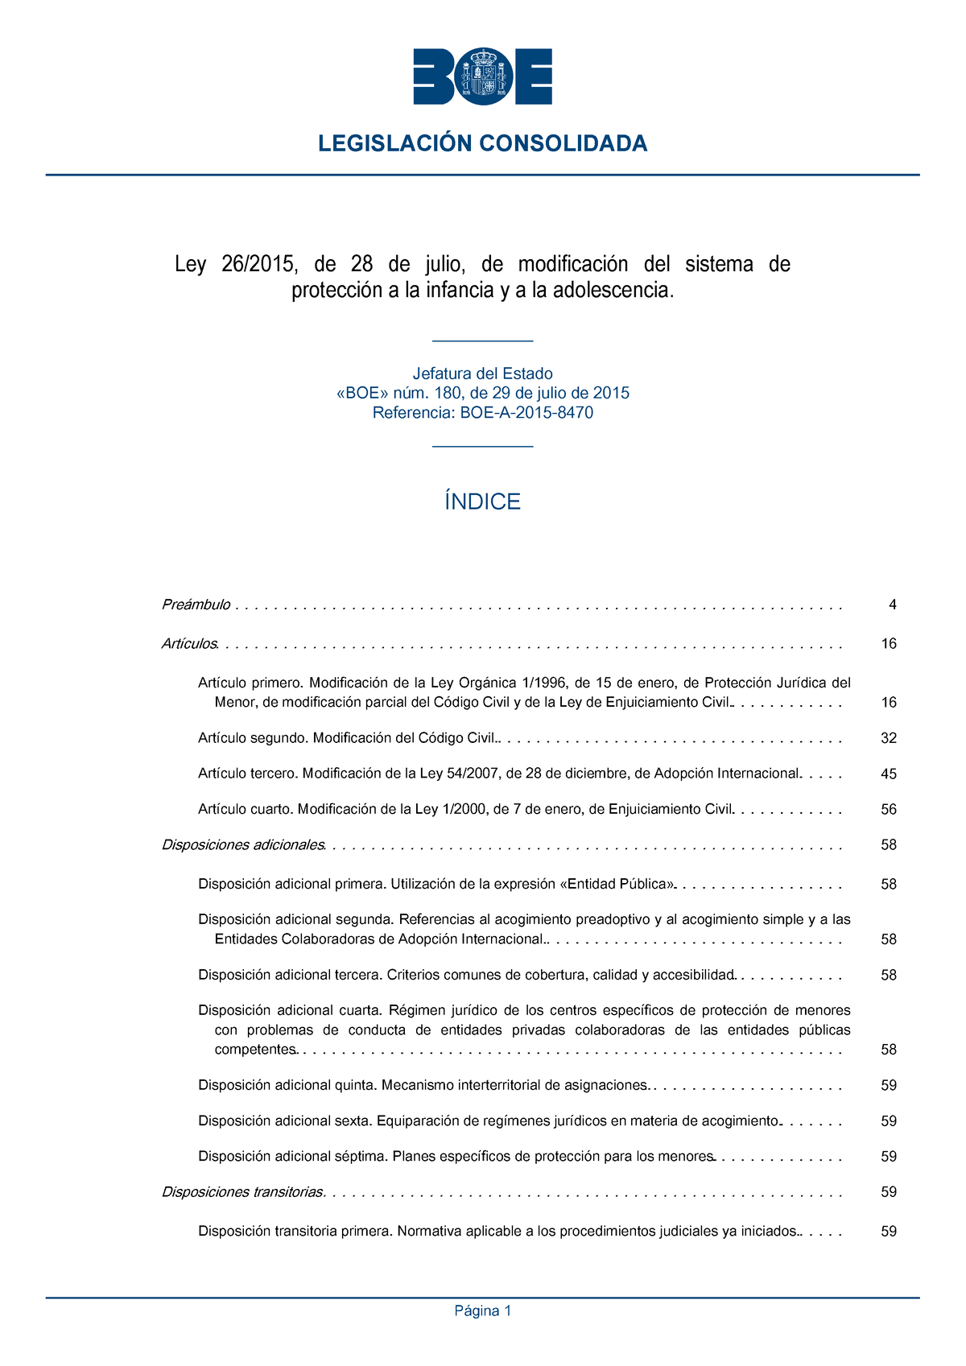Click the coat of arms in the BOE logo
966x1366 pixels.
483,76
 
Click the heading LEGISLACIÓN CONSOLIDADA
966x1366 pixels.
483,144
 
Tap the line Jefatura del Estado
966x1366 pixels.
483,373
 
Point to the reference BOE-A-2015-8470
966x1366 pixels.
526,413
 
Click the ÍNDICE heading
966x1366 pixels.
483,502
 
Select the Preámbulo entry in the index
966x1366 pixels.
196,605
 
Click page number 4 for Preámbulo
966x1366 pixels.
892,605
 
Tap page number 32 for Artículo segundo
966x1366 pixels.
889,738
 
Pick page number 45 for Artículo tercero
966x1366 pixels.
889,774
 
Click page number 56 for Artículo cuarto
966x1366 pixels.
889,810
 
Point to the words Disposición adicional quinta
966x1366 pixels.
287,1085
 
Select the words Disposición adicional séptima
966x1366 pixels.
293,1157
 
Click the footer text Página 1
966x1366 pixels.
483,1311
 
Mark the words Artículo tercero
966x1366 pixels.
248,774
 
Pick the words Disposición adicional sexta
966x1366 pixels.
285,1120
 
